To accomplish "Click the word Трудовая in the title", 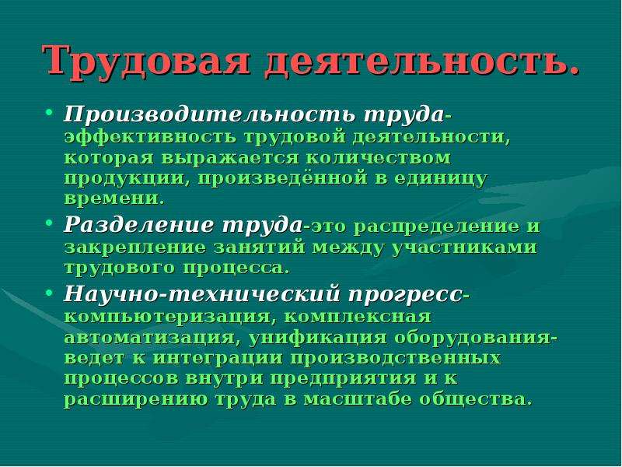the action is [146, 61].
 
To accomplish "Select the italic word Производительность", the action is [210, 114].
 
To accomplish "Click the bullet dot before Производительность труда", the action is [49, 112].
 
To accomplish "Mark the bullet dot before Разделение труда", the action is [49, 223].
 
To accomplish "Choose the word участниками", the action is [464, 248].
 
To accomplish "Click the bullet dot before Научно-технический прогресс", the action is [49, 293].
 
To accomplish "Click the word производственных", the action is [395, 358].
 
